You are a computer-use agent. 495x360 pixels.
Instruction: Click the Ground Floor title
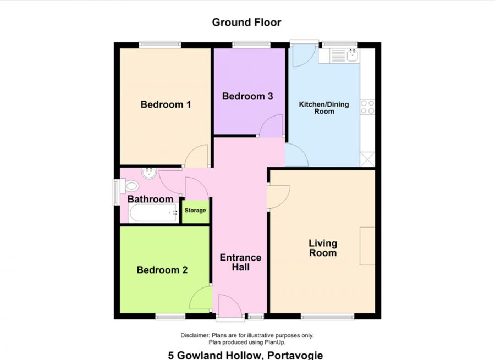pyautogui.click(x=247, y=23)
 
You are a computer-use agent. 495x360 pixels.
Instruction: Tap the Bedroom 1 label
pyautogui.click(x=166, y=104)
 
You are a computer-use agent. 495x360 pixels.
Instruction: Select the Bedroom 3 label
pyautogui.click(x=248, y=96)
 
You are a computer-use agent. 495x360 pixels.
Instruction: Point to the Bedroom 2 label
pyautogui.click(x=162, y=270)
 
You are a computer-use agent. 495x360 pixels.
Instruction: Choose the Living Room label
pyautogui.click(x=323, y=248)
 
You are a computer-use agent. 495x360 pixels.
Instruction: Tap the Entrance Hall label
pyautogui.click(x=240, y=262)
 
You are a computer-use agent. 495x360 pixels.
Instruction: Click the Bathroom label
pyautogui.click(x=151, y=199)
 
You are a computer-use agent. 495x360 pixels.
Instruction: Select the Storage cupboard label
pyautogui.click(x=195, y=211)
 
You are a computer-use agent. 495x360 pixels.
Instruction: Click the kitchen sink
pyautogui.click(x=344, y=54)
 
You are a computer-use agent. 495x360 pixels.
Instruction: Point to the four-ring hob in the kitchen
pyautogui.click(x=367, y=107)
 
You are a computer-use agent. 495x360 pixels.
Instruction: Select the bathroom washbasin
pyautogui.click(x=148, y=173)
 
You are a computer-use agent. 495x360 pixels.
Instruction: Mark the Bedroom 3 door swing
pyautogui.click(x=271, y=127)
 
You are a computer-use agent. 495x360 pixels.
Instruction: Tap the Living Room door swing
pyautogui.click(x=278, y=196)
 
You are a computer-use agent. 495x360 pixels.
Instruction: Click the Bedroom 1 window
pyautogui.click(x=159, y=45)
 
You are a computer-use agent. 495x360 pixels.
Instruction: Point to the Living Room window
pyautogui.click(x=328, y=317)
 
